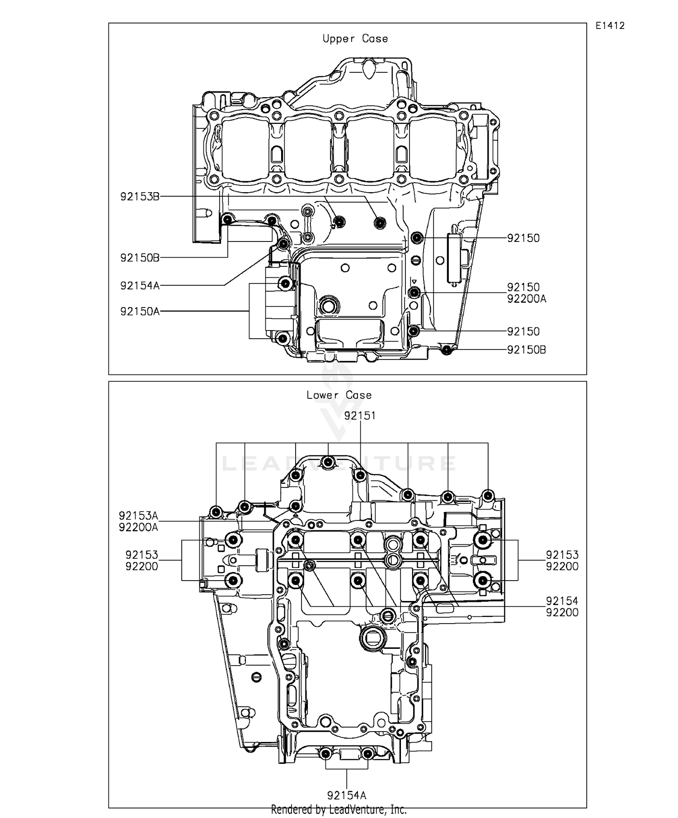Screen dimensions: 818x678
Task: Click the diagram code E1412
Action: click(x=610, y=26)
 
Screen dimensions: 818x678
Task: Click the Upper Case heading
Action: click(x=355, y=39)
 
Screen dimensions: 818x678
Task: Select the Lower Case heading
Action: click(x=339, y=395)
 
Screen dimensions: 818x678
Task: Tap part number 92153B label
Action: click(x=140, y=197)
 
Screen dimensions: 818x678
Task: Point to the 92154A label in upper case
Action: click(x=140, y=286)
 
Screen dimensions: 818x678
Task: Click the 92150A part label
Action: click(x=140, y=312)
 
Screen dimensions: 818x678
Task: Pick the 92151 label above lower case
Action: click(x=360, y=416)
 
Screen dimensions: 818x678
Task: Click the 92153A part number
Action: click(x=138, y=516)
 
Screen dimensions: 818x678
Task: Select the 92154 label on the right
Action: click(x=562, y=601)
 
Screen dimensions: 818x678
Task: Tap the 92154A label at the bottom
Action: click(x=347, y=795)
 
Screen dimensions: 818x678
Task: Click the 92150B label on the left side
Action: click(x=140, y=258)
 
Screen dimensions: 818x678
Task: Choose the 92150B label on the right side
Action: click(x=526, y=350)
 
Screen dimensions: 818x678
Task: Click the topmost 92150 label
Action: click(x=523, y=238)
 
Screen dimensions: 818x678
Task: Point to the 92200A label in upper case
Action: click(x=526, y=299)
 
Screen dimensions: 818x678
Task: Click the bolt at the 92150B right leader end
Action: click(x=446, y=349)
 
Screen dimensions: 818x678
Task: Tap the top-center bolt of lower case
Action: click(x=328, y=462)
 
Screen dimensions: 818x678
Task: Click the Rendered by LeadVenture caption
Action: click(x=339, y=809)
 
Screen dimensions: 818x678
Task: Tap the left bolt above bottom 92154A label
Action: click(x=325, y=754)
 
